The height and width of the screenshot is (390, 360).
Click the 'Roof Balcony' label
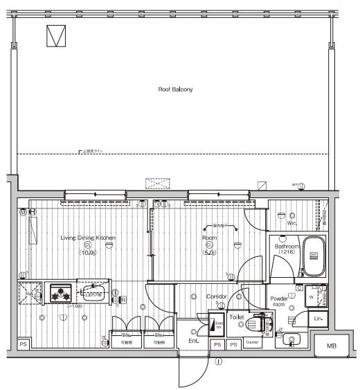coord(174,89)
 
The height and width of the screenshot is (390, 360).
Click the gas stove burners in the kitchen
coord(61,294)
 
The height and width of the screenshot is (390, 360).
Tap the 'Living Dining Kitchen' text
coord(87,238)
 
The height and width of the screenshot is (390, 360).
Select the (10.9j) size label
coord(88,253)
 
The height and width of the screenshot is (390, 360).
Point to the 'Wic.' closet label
coord(291,224)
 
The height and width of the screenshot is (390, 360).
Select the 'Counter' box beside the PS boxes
coord(252,344)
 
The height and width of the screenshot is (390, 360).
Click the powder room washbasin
coord(291,339)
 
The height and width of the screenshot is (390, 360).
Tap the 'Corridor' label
coord(217,296)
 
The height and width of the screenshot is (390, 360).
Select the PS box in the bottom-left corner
coord(23,344)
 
